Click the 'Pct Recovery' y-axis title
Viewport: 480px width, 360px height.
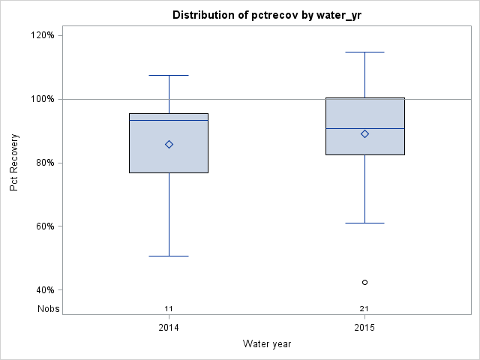click(14, 163)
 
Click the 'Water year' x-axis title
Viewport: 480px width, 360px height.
click(267, 343)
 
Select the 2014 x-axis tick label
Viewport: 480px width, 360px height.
click(169, 328)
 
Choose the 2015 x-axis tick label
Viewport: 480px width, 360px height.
click(364, 328)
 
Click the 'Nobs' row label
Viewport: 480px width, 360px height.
click(49, 308)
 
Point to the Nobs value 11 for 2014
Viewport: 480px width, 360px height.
click(169, 308)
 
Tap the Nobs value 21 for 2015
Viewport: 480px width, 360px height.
click(364, 308)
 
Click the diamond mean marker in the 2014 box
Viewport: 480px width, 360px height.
click(169, 144)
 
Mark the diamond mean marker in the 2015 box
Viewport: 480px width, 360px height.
click(364, 133)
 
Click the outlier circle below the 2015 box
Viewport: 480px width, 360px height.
click(364, 282)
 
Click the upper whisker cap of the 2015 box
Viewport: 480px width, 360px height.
click(364, 52)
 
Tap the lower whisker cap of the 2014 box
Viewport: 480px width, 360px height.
click(169, 256)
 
